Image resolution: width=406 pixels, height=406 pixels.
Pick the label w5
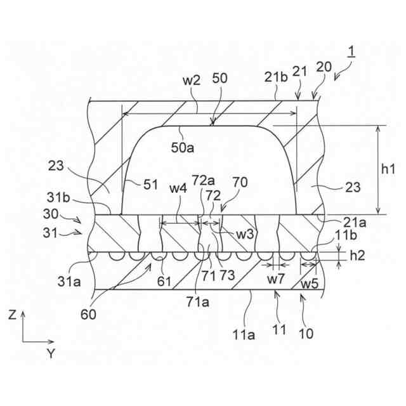click(x=310, y=283)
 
